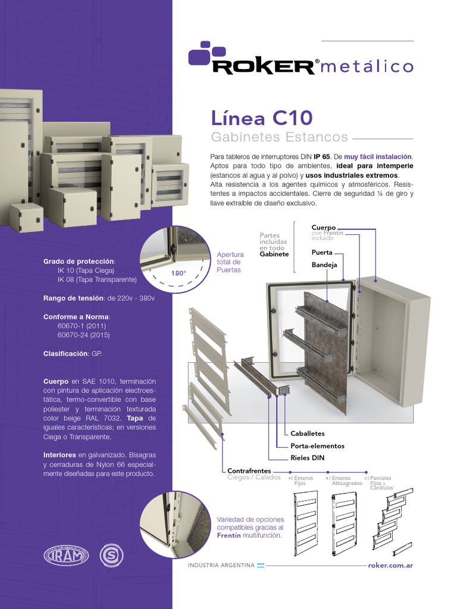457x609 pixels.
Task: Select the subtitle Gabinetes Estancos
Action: pos(280,137)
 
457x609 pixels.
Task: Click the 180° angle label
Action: pos(179,274)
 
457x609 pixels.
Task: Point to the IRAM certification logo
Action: pos(65,557)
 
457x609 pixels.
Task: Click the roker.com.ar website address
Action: pos(390,565)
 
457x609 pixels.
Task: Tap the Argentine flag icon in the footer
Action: pos(261,565)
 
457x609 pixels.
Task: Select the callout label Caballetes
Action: pos(308,434)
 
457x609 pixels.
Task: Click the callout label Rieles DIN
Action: pos(308,457)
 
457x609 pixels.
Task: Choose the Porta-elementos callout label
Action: pos(317,445)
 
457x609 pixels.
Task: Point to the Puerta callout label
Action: pos(322,252)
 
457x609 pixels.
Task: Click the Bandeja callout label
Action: pos(324,264)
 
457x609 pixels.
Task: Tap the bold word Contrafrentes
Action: pos(249,470)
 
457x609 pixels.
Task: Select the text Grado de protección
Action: pos(80,261)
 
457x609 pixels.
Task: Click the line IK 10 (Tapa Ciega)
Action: pos(86,270)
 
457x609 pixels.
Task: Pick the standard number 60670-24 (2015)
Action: pos(83,335)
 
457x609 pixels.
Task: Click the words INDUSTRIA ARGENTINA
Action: pos(221,565)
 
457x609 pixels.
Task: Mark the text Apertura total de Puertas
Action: pos(229,262)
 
